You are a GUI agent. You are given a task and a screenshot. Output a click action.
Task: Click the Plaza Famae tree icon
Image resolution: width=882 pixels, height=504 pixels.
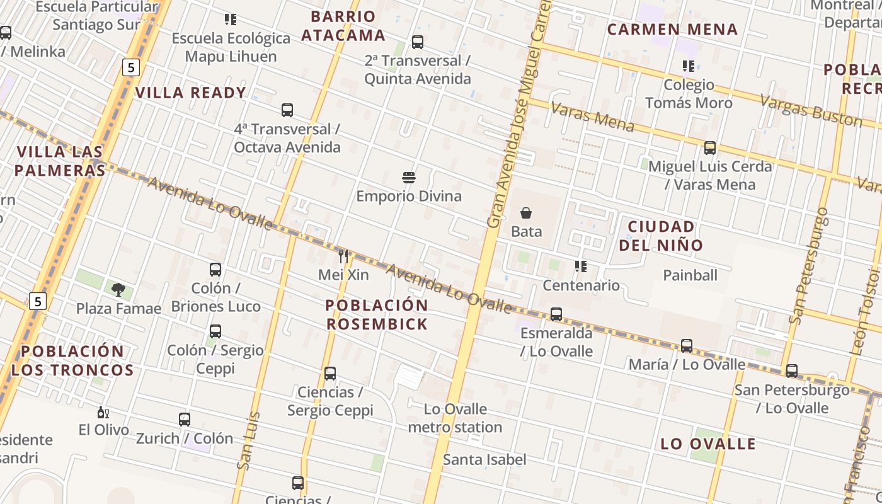coord(118,289)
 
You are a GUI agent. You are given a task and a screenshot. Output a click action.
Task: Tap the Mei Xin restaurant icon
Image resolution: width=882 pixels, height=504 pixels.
coord(343,256)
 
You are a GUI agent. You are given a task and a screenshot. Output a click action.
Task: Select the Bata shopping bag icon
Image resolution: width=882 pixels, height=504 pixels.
coord(526,213)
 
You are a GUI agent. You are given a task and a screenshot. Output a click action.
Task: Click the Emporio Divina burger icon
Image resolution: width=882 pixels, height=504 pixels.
coord(409,178)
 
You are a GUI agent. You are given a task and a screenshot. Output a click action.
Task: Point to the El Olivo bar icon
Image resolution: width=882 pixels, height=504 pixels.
coord(103,413)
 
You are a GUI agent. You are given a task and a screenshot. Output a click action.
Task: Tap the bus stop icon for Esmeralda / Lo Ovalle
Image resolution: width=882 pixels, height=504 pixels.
coord(556,314)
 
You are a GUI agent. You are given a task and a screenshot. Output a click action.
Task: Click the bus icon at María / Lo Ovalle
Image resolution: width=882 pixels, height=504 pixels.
coord(687,346)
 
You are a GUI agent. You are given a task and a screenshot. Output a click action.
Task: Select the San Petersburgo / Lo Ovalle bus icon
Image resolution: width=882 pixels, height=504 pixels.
coord(792,371)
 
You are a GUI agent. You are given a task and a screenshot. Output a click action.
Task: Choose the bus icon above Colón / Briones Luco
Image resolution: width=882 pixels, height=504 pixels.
coord(215,270)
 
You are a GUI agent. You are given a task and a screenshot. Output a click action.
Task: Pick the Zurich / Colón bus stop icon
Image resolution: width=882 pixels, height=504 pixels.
coord(185,420)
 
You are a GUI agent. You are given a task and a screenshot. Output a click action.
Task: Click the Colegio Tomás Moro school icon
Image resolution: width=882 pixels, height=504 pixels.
coord(689,66)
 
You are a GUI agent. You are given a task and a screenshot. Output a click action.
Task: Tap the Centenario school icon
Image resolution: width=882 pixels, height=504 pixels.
coord(581,266)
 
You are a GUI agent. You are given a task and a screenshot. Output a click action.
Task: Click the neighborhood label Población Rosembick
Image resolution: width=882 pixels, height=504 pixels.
coord(377,314)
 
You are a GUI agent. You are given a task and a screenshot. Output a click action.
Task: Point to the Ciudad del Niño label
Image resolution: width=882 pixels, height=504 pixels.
coord(661,236)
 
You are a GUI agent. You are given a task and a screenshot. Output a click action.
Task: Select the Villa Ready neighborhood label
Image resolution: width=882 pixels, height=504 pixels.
coord(190,93)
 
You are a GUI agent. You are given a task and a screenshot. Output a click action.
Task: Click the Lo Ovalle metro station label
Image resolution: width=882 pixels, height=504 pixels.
coord(455,418)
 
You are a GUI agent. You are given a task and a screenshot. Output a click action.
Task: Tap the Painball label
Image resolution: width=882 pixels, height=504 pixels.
coord(690,275)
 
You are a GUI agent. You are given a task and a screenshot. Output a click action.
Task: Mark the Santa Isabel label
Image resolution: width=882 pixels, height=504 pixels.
coord(484,459)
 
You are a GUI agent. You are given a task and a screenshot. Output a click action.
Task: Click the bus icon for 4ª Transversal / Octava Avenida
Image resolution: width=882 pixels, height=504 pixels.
coord(287,110)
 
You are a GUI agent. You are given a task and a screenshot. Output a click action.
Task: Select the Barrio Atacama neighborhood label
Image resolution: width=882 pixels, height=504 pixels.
coord(343,26)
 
